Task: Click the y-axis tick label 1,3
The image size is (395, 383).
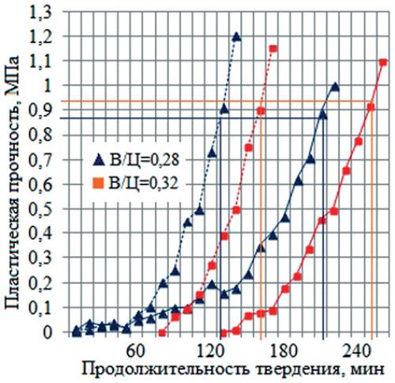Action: click(44, 12)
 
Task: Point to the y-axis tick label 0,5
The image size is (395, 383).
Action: click(44, 210)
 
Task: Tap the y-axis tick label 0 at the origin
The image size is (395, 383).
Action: click(51, 333)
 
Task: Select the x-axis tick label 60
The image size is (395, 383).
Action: click(135, 349)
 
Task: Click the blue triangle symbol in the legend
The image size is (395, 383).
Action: click(98, 159)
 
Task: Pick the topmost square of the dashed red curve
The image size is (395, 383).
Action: click(273, 49)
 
